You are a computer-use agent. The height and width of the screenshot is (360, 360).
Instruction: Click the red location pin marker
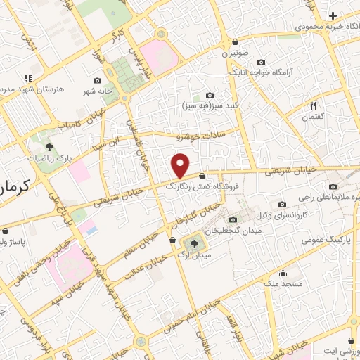[x=180, y=165]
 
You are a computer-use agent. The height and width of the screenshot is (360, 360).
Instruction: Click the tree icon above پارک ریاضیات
[x=49, y=146]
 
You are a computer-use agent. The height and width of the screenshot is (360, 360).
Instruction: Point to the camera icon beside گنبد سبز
[x=210, y=95]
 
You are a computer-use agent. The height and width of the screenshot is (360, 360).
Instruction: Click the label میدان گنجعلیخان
[x=233, y=231]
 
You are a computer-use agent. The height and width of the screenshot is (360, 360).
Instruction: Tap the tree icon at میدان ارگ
[x=191, y=243]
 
